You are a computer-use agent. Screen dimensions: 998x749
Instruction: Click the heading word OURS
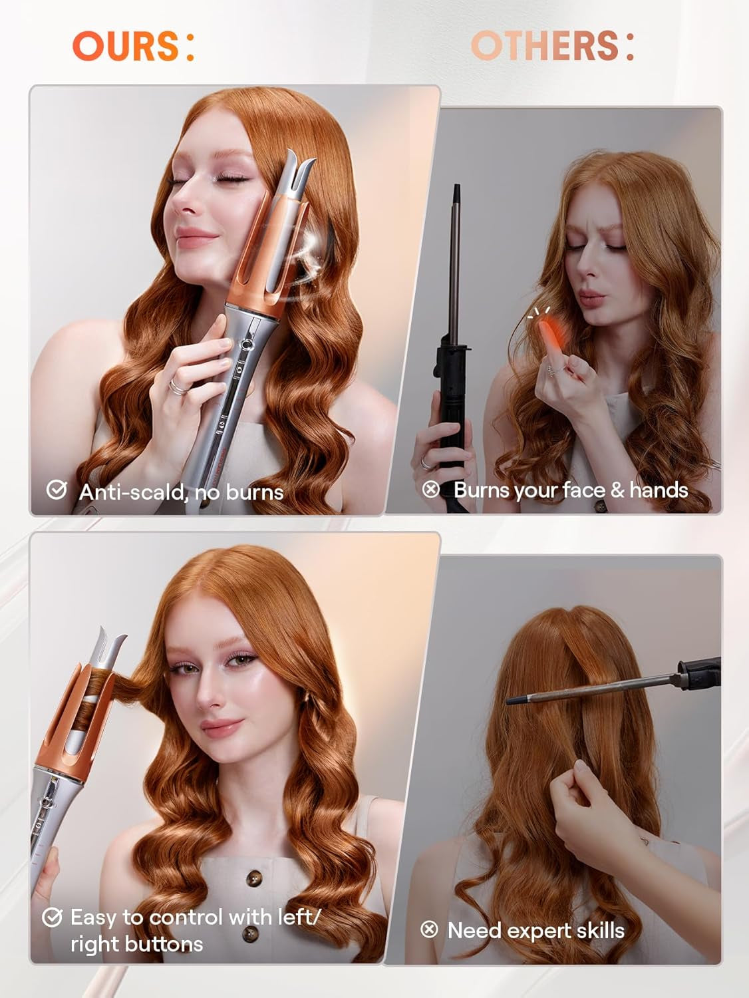pos(125,47)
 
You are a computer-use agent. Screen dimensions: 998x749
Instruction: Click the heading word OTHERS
pos(544,46)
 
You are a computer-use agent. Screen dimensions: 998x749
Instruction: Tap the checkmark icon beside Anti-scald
pos(57,490)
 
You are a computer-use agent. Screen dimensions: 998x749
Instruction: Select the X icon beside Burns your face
pos(431,490)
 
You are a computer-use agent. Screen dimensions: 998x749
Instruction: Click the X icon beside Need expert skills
pos(430,929)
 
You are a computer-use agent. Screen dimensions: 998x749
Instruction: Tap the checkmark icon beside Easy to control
pos(52,917)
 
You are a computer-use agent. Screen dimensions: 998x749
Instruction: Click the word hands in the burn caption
pos(659,490)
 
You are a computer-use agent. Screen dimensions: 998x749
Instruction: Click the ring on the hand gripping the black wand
pos(424,461)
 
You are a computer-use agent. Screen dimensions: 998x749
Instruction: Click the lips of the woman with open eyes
pos(220,727)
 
